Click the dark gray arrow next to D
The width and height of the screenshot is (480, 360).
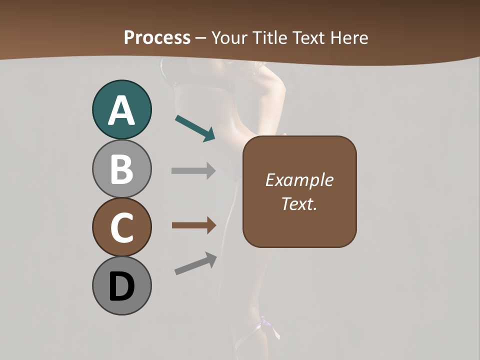(195, 263)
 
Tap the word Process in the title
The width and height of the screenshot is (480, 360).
(157, 37)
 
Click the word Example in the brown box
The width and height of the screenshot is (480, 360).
(299, 180)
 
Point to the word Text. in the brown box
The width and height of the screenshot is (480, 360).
(299, 203)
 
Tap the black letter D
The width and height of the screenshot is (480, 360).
(121, 286)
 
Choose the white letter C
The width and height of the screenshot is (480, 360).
(121, 227)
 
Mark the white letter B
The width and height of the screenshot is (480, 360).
(121, 169)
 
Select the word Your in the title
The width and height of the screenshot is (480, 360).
(229, 37)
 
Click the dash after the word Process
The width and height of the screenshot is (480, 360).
(200, 38)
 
